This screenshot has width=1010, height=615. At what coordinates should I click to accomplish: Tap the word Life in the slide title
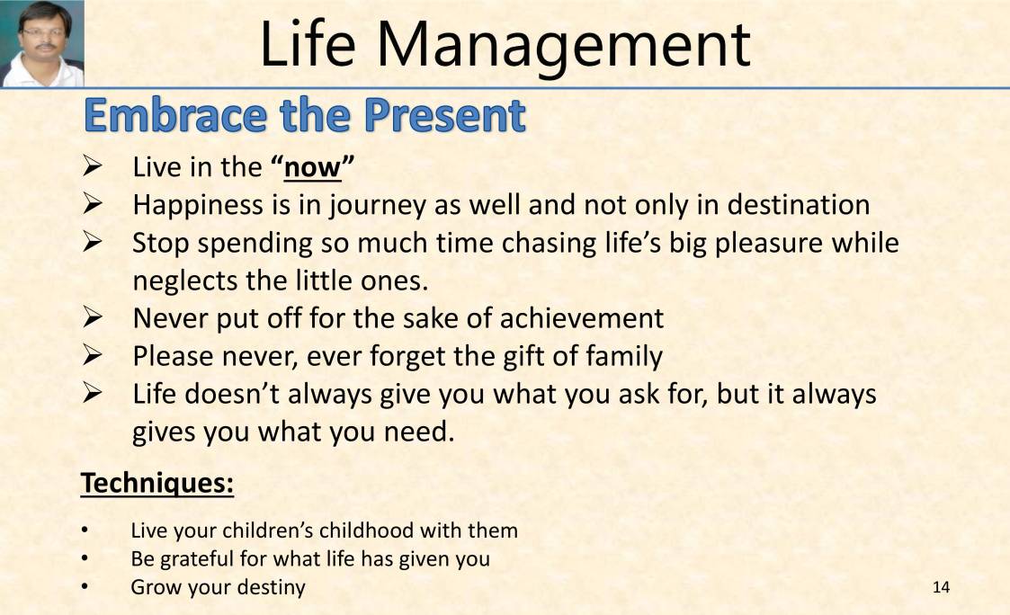pos(305,44)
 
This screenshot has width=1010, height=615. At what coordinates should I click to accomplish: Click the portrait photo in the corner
pos(42,43)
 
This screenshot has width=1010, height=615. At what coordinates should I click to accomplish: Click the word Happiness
pos(197,205)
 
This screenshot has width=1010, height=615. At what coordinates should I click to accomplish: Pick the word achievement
pos(581,318)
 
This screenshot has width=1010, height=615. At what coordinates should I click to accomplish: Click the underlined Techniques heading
pos(157,484)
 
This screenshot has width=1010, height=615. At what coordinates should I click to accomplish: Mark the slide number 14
pos(941,588)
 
